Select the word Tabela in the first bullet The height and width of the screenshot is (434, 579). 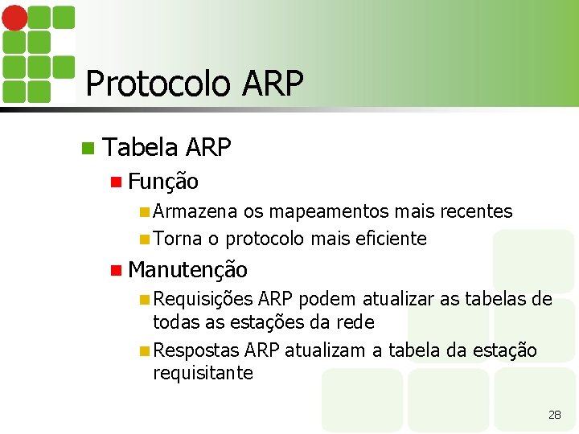(x=141, y=147)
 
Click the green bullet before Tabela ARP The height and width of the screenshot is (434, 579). (x=88, y=148)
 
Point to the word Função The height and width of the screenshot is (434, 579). (x=162, y=182)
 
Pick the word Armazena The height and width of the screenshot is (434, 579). (x=195, y=211)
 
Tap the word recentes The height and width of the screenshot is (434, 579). (x=475, y=211)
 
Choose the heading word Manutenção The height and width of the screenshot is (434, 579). (x=187, y=269)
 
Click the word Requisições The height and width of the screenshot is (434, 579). (x=203, y=300)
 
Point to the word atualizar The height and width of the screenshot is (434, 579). (x=398, y=300)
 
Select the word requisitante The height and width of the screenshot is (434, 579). (x=203, y=373)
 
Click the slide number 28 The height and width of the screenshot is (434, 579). (x=554, y=415)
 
